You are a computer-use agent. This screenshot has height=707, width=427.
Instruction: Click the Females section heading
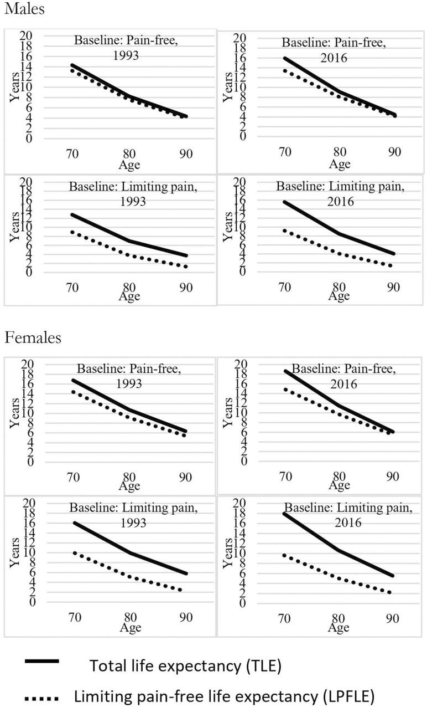30,337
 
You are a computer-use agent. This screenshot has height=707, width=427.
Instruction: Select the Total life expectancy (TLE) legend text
186,665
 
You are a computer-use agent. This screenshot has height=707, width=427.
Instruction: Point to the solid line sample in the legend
41,662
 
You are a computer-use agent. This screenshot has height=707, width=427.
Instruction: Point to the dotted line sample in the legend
42,694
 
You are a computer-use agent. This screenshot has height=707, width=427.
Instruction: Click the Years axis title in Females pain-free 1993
14,413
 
